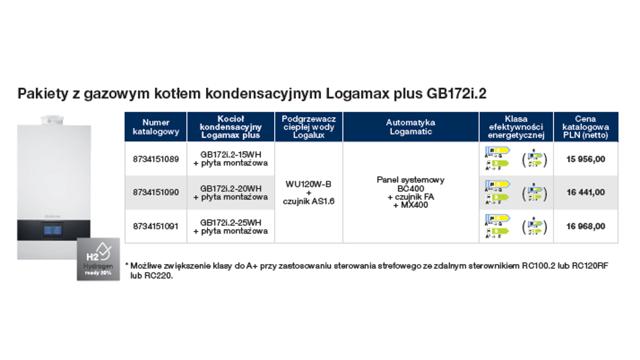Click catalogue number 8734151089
click(156, 159)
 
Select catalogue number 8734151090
click(156, 193)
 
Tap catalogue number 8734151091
click(156, 226)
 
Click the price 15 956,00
click(586, 159)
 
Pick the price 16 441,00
click(586, 193)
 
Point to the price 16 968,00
click(586, 226)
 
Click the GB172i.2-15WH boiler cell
click(230, 159)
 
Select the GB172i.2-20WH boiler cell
click(230, 193)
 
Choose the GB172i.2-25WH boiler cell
click(230, 226)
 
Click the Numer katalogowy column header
click(156, 127)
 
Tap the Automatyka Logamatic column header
click(411, 127)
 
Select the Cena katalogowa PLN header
click(586, 127)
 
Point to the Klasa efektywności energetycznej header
click(516, 127)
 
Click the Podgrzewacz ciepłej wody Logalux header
click(308, 127)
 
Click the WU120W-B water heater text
click(308, 185)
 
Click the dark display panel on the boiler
click(52, 230)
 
